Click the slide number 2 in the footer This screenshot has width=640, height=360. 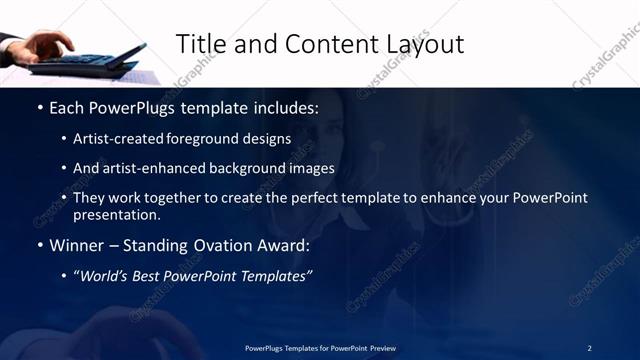589,348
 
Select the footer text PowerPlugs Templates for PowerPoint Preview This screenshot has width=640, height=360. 320,348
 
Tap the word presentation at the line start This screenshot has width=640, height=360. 117,214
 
